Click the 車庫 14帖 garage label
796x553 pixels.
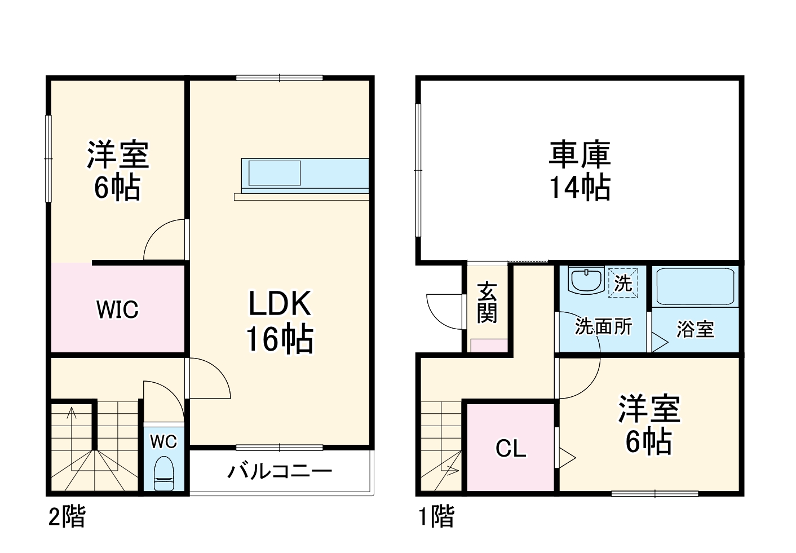(580, 171)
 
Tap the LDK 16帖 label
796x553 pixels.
(280, 321)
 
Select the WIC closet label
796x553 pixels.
(117, 309)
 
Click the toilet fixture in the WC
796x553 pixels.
(164, 474)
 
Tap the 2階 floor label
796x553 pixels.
(67, 516)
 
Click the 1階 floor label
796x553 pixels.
(436, 516)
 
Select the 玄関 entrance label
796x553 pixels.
(487, 303)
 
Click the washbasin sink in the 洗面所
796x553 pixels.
(586, 280)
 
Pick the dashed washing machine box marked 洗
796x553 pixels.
(623, 282)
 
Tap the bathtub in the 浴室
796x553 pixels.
(695, 286)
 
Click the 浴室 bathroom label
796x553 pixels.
(695, 329)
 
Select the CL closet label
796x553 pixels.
(511, 449)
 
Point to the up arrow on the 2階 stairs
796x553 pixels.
(72, 414)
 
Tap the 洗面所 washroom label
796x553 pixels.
(603, 326)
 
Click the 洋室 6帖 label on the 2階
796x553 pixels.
(117, 171)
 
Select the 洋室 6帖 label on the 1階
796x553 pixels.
(649, 425)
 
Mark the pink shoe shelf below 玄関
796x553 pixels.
(489, 346)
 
